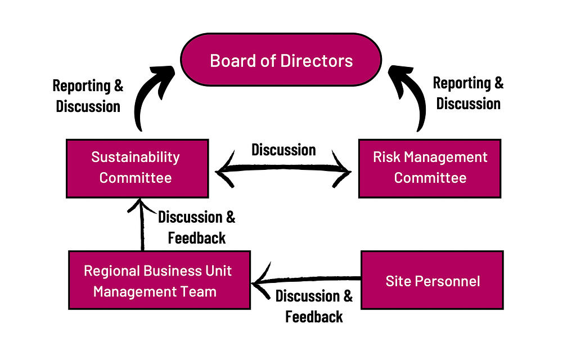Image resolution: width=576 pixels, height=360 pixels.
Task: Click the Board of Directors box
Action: click(281, 60)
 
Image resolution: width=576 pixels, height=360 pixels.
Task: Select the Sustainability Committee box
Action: click(137, 169)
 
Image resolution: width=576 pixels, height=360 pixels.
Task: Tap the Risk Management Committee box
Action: click(430, 169)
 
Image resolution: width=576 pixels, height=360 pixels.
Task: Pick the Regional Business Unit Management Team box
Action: click(159, 280)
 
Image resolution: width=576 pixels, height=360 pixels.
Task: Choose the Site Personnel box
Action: click(432, 280)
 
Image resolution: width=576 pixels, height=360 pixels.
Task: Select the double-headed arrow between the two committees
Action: click(283, 169)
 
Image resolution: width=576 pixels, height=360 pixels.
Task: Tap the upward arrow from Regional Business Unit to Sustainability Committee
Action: click(142, 225)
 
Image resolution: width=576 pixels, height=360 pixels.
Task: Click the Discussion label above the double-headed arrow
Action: click(283, 150)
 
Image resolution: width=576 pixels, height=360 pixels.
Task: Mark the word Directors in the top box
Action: click(316, 61)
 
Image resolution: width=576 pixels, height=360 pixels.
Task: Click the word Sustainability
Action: click(136, 157)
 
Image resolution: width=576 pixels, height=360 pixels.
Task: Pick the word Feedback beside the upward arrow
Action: click(196, 238)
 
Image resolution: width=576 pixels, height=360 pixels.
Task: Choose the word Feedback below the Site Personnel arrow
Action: click(314, 317)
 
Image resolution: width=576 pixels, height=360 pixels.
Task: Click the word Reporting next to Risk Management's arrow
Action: click(462, 83)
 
